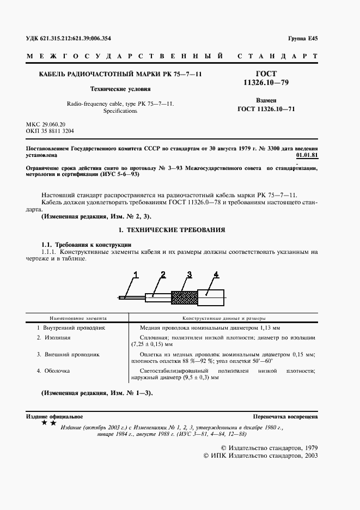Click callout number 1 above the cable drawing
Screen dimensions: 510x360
[x=137, y=274]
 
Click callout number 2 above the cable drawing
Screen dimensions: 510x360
[x=163, y=274]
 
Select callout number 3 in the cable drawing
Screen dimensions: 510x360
[x=189, y=274]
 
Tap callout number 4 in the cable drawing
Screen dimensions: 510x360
[x=216, y=274]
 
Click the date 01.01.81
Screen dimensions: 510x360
[x=307, y=155]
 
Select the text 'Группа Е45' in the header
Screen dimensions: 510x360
[x=303, y=39]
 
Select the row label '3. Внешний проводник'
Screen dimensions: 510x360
[x=68, y=354]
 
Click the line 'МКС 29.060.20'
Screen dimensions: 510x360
[x=46, y=125]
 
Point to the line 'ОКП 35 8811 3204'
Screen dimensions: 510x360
[x=50, y=131]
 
